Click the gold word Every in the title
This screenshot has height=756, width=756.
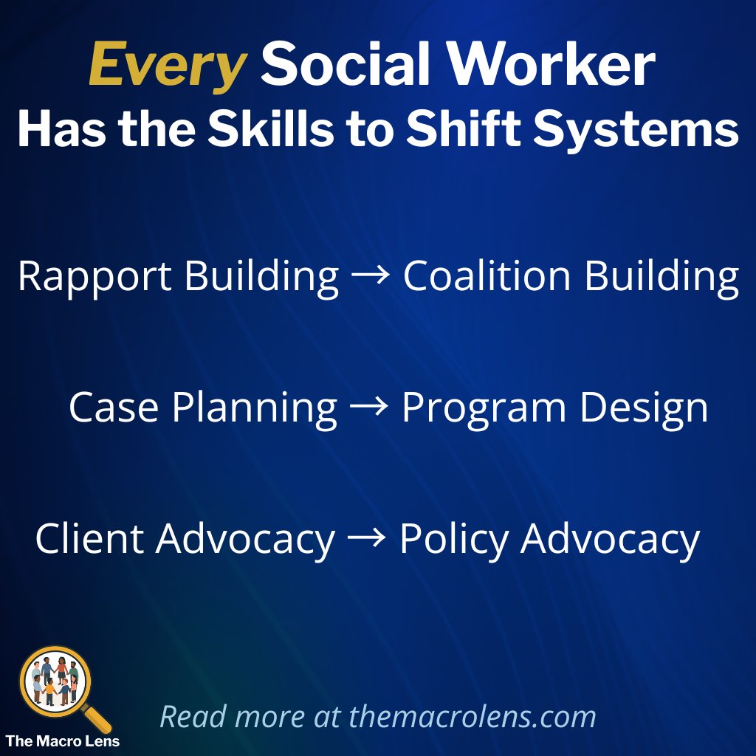pos(167,66)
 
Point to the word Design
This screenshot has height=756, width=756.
pos(644,408)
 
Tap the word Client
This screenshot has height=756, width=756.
pos(90,540)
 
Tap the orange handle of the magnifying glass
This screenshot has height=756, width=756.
pos(98,720)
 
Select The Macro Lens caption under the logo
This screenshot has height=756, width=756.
pos(63,740)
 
